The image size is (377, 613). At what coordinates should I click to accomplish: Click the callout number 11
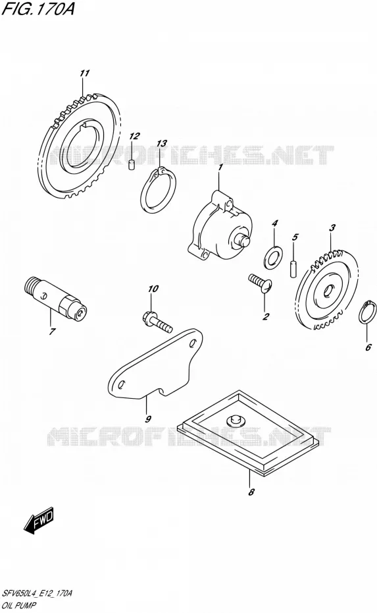pyautogui.click(x=85, y=73)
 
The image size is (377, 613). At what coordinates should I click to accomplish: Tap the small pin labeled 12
pyautogui.click(x=132, y=165)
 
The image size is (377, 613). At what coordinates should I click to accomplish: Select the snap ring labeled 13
pyautogui.click(x=158, y=191)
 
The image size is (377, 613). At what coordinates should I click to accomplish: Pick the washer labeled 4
pyautogui.click(x=273, y=256)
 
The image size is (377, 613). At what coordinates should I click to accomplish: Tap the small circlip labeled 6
pyautogui.click(x=367, y=312)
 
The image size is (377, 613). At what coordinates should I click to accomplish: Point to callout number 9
pyautogui.click(x=148, y=419)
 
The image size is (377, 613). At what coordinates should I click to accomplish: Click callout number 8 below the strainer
pyautogui.click(x=251, y=492)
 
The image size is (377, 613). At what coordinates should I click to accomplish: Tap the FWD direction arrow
pyautogui.click(x=39, y=522)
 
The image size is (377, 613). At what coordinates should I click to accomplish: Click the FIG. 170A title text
pyautogui.click(x=38, y=9)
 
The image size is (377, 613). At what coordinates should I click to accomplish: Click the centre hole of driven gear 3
pyautogui.click(x=326, y=290)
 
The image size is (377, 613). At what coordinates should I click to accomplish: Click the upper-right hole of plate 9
pyautogui.click(x=192, y=343)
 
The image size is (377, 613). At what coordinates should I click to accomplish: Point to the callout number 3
pyautogui.click(x=332, y=227)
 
